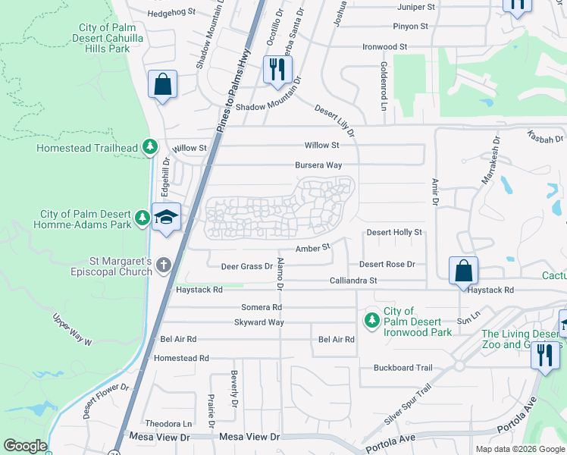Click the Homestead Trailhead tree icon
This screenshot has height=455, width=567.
pos(152,147)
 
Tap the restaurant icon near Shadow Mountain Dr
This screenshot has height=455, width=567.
pos(277,71)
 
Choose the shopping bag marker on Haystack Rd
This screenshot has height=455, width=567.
pos(462,271)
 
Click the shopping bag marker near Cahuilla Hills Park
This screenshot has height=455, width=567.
pos(163,85)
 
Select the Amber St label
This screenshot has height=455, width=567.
pos(313,247)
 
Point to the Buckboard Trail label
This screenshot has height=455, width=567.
pos(403,369)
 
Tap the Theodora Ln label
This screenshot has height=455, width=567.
pos(169,423)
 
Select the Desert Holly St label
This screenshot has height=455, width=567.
pos(393,232)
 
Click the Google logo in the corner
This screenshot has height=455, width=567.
pos(25,446)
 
